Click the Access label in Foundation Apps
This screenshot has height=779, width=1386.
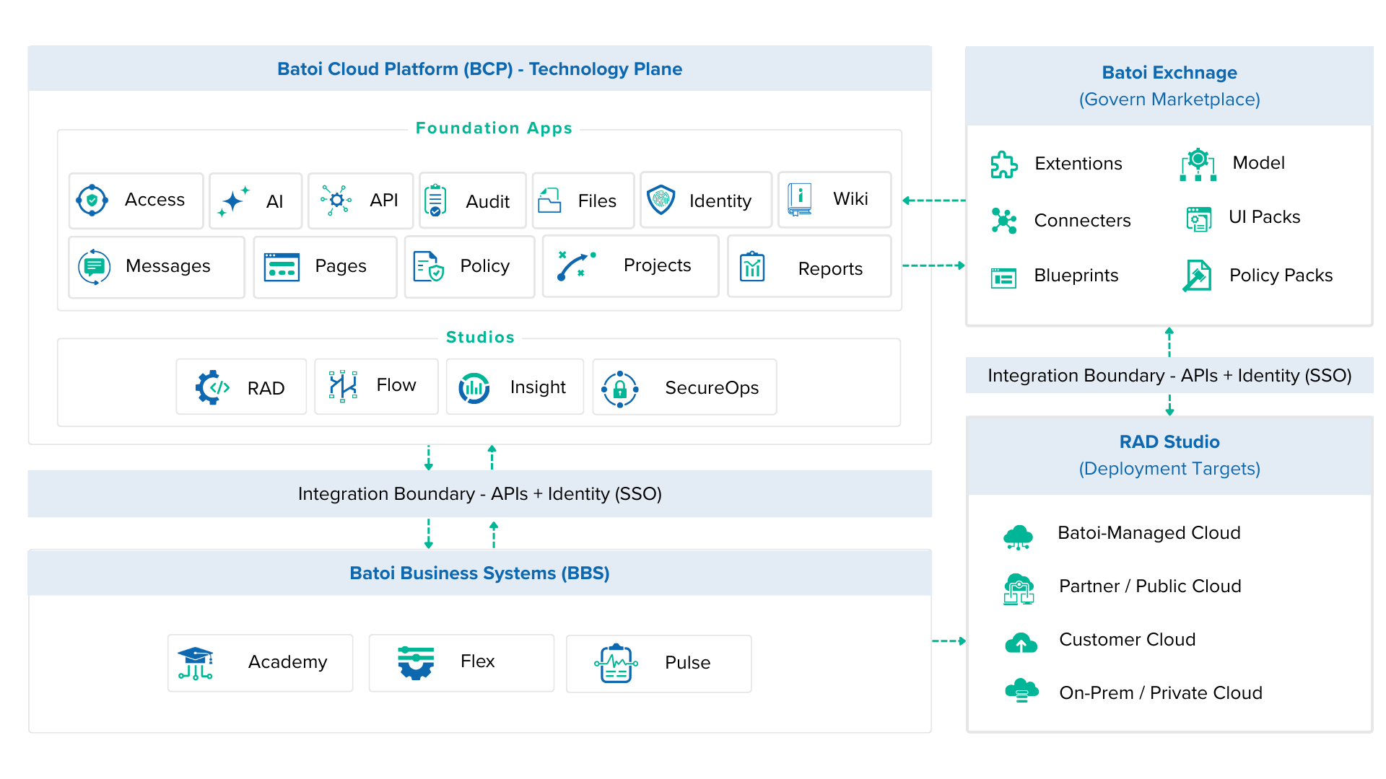click(x=154, y=200)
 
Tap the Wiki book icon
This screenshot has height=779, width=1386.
click(x=799, y=199)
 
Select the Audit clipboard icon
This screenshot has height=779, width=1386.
click(x=435, y=201)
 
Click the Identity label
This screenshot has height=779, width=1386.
click(x=720, y=201)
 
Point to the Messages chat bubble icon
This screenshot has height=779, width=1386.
click(x=94, y=267)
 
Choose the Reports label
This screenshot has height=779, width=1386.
click(x=830, y=269)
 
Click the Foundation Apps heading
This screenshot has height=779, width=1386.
click(x=494, y=128)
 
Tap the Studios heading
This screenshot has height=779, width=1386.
click(x=480, y=337)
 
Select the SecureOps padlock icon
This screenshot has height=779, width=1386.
click(x=619, y=389)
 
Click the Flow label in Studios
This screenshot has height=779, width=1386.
click(x=396, y=385)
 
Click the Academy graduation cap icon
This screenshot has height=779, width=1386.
click(x=196, y=663)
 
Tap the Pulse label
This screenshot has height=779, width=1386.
click(x=687, y=663)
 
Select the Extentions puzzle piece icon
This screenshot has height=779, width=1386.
click(x=1003, y=164)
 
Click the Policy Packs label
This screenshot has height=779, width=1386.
click(x=1281, y=276)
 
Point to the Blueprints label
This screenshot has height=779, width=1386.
click(x=1076, y=276)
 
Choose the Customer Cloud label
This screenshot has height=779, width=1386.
click(x=1127, y=640)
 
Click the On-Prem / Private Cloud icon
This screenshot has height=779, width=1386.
click(x=1021, y=691)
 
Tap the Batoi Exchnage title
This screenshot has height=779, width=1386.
click(x=1169, y=73)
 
